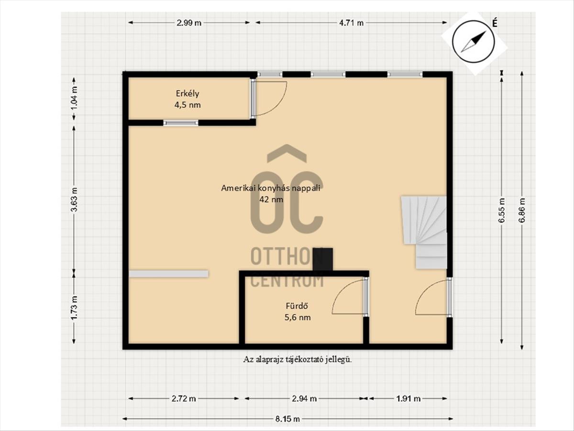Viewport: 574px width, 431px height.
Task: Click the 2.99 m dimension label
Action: pyautogui.click(x=189, y=23)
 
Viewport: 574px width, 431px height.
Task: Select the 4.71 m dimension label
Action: pyautogui.click(x=351, y=23)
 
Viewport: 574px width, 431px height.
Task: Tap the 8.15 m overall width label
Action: pyautogui.click(x=287, y=419)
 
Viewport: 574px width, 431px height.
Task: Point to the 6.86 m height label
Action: pyautogui.click(x=522, y=210)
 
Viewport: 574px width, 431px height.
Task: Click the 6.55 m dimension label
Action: pyautogui.click(x=502, y=210)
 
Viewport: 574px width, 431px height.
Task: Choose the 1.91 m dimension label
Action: pyautogui.click(x=408, y=398)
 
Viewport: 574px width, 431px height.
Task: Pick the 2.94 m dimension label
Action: pyautogui.click(x=304, y=398)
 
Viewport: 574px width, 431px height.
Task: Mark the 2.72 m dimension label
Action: pyautogui.click(x=184, y=398)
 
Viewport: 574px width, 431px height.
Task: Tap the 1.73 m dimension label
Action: pyautogui.click(x=74, y=308)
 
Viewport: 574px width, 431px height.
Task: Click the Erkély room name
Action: pyautogui.click(x=188, y=94)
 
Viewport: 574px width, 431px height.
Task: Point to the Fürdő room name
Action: pyautogui.click(x=296, y=306)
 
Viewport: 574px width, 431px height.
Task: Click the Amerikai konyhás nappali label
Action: pyautogui.click(x=271, y=188)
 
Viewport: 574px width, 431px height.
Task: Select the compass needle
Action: pyautogui.click(x=474, y=41)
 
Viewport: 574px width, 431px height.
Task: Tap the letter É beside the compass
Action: pyautogui.click(x=494, y=23)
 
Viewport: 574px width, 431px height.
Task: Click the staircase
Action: pyautogui.click(x=424, y=232)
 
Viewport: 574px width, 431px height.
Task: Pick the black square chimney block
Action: pyautogui.click(x=323, y=259)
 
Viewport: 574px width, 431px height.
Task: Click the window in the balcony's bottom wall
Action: pyautogui.click(x=181, y=123)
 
